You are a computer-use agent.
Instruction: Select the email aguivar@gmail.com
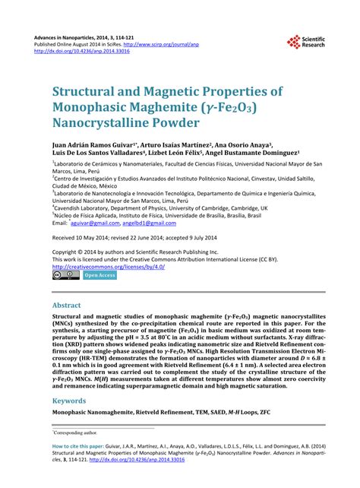pos(96,223)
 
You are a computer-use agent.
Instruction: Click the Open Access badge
pos(99,275)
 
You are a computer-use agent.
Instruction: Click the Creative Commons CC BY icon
pos(65,275)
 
